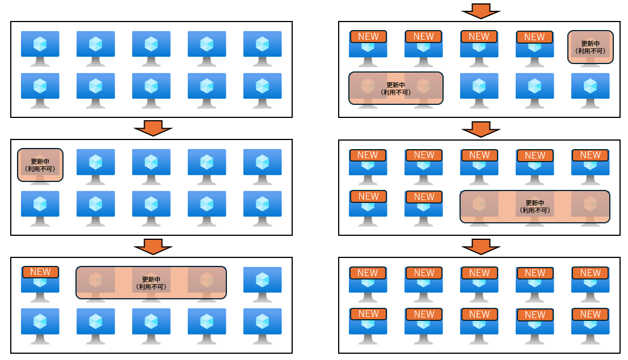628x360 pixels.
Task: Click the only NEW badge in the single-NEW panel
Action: coord(40,272)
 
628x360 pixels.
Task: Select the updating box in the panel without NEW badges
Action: coord(40,165)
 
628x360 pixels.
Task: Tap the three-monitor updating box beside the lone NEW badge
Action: coord(151,282)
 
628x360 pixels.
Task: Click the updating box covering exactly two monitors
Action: coord(396,88)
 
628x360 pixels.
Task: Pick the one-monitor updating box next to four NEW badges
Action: coord(591,47)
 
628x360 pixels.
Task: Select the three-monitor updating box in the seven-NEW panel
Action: coord(535,206)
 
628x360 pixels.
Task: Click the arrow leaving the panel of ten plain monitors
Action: coord(153,128)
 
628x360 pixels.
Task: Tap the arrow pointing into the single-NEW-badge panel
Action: coord(153,246)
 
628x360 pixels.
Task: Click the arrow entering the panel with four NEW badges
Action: coord(481,11)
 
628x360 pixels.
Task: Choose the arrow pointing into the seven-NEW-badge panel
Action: coord(481,129)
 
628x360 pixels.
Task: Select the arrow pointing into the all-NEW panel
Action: coord(481,246)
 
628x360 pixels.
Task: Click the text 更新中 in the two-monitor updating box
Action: coord(396,85)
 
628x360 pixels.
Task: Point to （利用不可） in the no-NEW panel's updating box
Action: coord(40,168)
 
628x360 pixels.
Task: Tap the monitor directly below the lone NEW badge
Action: coord(40,324)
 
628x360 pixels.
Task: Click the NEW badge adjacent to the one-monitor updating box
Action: coord(534,37)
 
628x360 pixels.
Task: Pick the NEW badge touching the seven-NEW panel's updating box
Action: coord(424,197)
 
